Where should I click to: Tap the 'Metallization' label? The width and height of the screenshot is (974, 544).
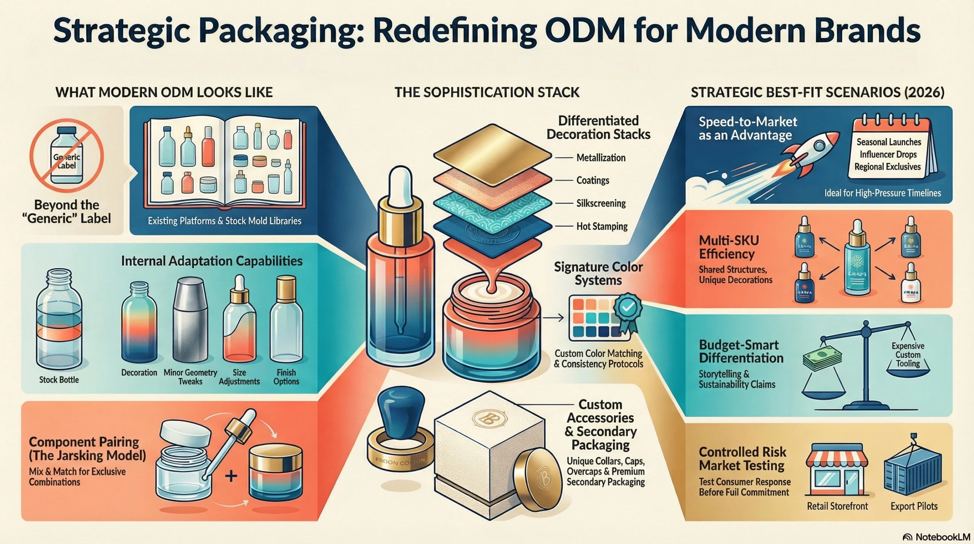coord(601,158)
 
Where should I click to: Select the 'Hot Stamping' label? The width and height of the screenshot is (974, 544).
coord(602,226)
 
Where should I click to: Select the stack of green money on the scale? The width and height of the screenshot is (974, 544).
coord(822,358)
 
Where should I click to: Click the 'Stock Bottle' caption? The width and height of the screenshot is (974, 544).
coord(59,380)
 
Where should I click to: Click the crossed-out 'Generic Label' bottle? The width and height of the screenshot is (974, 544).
coord(67,156)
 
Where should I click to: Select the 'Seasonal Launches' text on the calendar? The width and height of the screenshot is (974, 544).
coord(889,142)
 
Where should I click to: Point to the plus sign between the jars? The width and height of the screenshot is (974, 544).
coord(231,475)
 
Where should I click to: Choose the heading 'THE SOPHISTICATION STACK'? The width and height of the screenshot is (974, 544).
coord(487,93)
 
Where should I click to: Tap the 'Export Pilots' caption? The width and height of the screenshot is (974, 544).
coord(914,506)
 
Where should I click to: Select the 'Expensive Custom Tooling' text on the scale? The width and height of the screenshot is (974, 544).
coord(908,354)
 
